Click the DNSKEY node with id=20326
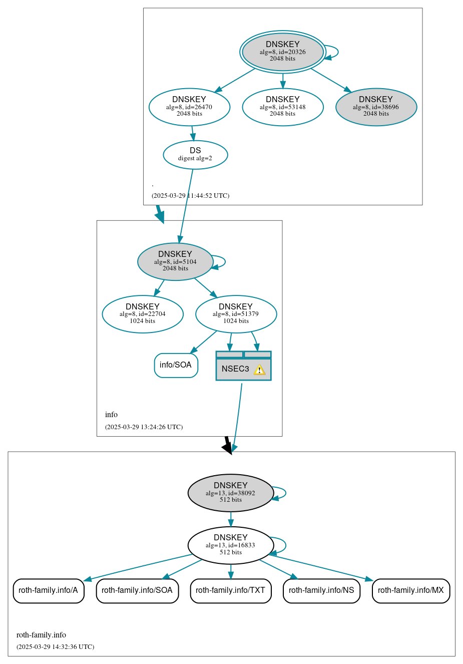click(x=282, y=52)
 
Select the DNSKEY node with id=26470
click(x=189, y=107)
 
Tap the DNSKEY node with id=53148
click(x=282, y=107)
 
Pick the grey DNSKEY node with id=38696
click(x=376, y=107)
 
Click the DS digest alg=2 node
click(x=195, y=155)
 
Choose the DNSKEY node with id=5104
click(x=175, y=261)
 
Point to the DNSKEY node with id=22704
click(x=143, y=314)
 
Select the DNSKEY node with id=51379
click(x=236, y=314)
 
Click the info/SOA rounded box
click(x=176, y=365)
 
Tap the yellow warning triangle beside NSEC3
click(x=259, y=370)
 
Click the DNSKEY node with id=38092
click(x=230, y=493)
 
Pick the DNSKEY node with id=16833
click(x=230, y=545)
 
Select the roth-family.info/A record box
click(x=49, y=590)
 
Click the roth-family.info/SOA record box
click(x=137, y=590)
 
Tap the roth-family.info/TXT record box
click(x=231, y=590)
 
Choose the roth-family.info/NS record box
click(x=321, y=590)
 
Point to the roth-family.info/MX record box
click(x=411, y=590)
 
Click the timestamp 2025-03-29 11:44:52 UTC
click(x=190, y=196)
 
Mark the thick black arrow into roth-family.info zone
click(x=227, y=445)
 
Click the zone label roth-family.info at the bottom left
click(x=41, y=635)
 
